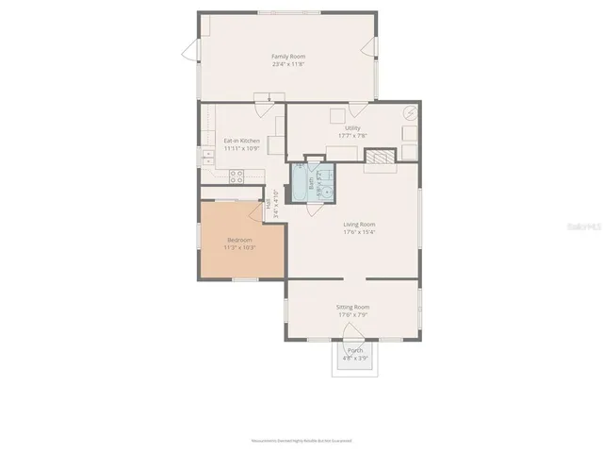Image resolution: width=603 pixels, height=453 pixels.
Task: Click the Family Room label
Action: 288,57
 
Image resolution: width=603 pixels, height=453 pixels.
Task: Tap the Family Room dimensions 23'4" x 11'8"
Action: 288,65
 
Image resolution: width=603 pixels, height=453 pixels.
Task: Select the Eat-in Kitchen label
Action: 241,141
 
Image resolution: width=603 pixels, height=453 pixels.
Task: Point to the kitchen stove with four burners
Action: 236,175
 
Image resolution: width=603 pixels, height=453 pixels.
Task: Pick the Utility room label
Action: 352,128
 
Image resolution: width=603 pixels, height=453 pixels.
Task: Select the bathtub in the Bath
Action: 301,183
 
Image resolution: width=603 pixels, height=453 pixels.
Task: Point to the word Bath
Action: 310,185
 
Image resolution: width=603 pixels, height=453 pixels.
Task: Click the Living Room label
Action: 359,224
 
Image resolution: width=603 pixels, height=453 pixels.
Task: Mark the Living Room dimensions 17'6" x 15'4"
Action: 359,232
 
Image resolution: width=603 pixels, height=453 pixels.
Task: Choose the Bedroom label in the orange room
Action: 239,240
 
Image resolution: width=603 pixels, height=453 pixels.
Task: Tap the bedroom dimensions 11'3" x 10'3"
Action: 239,247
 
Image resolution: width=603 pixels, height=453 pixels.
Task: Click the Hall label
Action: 269,202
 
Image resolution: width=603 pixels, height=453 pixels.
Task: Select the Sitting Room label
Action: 352,307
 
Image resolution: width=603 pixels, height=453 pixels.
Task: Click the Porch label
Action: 355,350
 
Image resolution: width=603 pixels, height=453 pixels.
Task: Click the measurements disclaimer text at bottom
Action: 301,441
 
